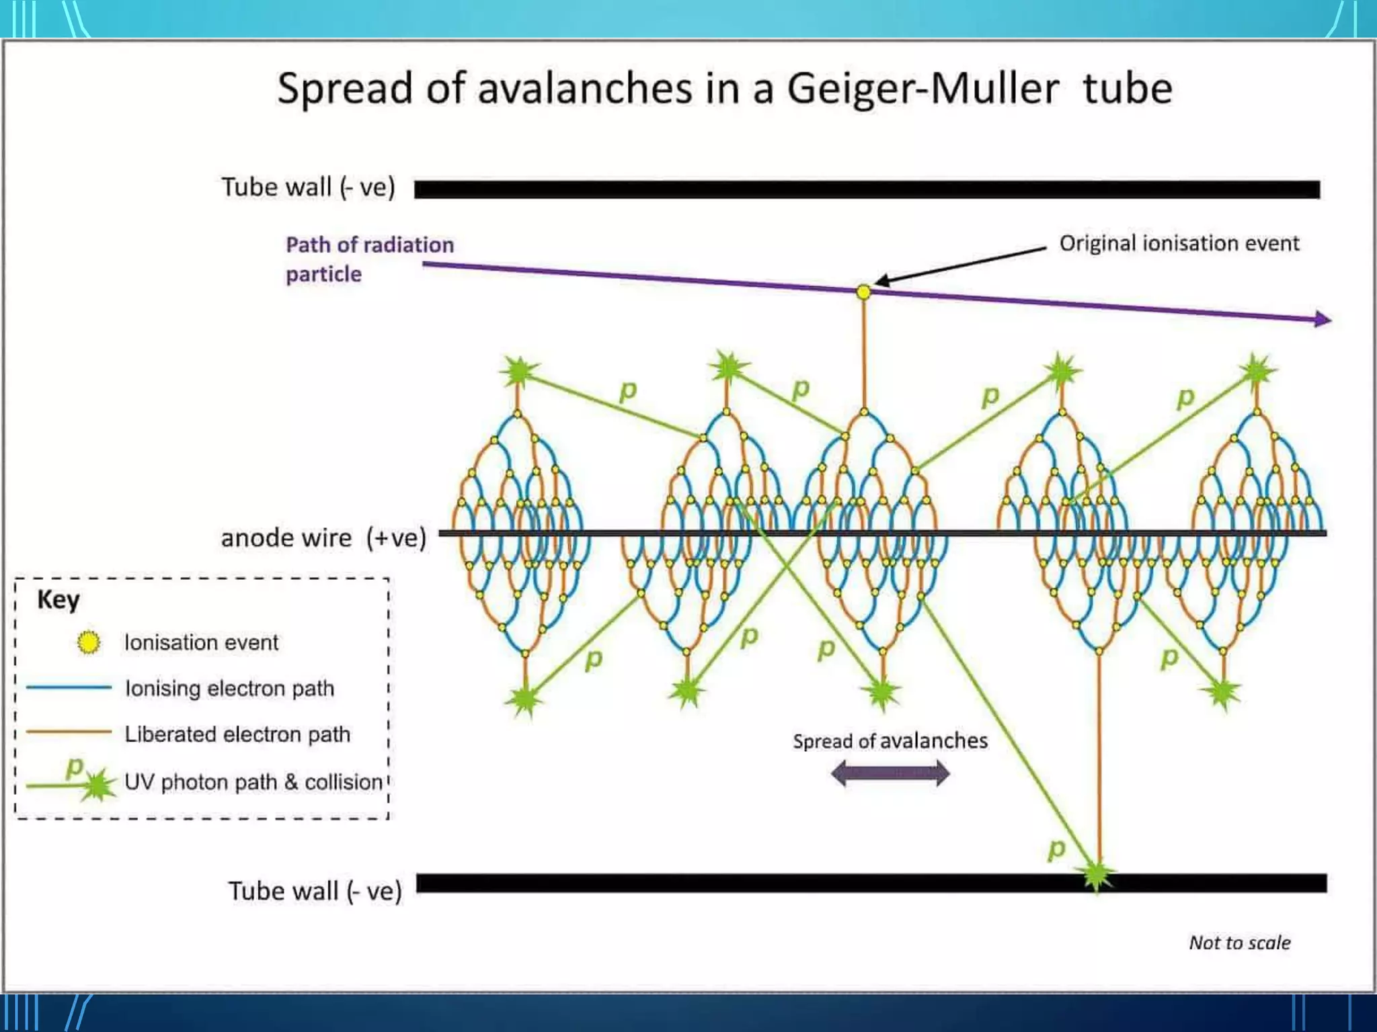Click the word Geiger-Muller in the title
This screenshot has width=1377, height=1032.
coord(922,89)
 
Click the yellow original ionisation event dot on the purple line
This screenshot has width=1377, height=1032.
coord(863,292)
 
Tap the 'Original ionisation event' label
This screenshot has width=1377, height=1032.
coord(1179,243)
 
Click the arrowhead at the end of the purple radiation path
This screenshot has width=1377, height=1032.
coord(1323,319)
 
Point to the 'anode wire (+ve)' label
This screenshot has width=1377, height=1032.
coord(323,538)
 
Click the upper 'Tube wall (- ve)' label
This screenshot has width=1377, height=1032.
coord(308,187)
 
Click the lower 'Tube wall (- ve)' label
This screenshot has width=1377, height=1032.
coord(315,891)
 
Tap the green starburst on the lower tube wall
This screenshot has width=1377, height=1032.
coord(1097,874)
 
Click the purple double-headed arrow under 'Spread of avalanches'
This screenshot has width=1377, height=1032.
coord(890,773)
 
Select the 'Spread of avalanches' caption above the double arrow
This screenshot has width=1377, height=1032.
coord(890,740)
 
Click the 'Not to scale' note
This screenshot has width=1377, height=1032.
coord(1240,943)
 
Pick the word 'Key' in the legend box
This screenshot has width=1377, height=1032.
coord(58,599)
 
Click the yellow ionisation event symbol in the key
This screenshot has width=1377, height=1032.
coord(89,642)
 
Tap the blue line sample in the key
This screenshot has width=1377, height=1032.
coord(69,687)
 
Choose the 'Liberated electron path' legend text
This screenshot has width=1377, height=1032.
coord(237,734)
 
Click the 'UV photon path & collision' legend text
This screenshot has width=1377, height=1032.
coord(253,782)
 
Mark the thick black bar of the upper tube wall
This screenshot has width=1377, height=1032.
coord(867,189)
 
